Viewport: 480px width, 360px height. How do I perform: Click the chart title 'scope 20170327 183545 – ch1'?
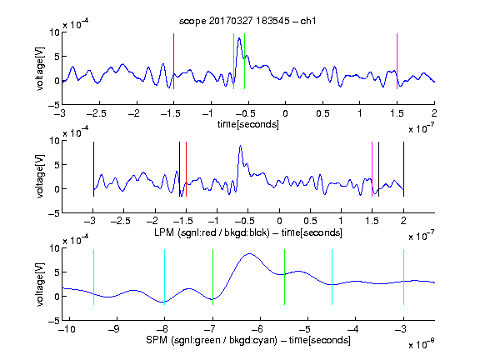point(247,21)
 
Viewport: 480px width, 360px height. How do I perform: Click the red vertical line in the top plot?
point(174,61)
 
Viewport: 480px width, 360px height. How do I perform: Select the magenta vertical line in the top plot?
point(397,61)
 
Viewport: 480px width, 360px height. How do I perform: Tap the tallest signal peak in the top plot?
point(239,38)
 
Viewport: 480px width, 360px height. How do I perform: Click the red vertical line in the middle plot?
point(186,169)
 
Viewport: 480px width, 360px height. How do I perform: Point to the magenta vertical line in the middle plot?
point(372,169)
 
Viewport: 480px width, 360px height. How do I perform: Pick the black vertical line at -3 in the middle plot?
point(93,169)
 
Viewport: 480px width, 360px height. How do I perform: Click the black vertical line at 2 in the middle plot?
point(404,169)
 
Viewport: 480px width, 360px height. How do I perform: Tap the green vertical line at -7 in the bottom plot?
point(212,277)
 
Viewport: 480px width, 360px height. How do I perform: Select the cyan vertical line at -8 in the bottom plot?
point(165,277)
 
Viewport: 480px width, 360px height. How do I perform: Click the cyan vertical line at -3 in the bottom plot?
point(404,277)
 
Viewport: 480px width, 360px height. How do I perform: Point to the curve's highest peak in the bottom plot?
point(250,254)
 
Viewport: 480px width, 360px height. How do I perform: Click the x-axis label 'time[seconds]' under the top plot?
point(248,124)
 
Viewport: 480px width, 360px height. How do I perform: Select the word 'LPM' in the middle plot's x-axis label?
point(164,232)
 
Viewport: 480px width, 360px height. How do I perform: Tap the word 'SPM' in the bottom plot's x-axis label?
point(156,340)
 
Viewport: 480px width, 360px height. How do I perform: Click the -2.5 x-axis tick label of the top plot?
point(96,113)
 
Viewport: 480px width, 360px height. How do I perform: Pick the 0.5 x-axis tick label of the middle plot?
point(310,221)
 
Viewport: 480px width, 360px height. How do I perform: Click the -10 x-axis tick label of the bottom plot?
point(67,329)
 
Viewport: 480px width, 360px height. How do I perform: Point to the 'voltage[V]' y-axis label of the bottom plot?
point(40,284)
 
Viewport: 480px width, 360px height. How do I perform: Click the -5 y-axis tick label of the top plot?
point(54,105)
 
